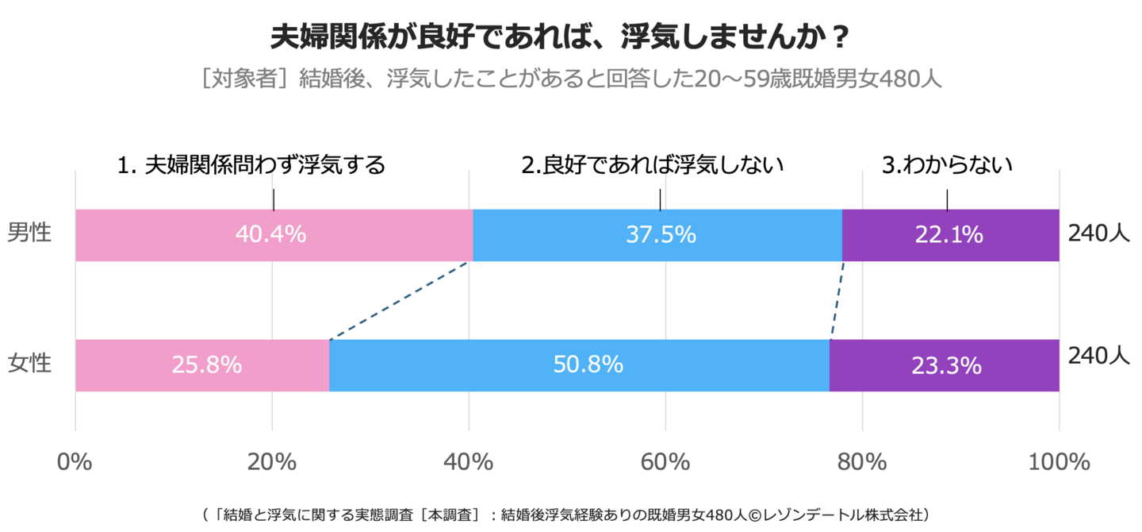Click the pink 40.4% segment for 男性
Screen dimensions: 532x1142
point(274,235)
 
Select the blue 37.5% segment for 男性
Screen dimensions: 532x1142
point(657,235)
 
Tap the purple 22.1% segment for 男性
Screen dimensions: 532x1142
point(950,235)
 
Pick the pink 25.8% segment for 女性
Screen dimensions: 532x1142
point(202,365)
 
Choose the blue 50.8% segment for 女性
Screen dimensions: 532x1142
point(579,365)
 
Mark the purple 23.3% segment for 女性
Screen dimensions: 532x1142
point(944,365)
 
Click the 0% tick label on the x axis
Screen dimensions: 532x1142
point(75,462)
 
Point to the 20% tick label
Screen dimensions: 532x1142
point(272,462)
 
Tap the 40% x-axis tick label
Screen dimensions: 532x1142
point(469,462)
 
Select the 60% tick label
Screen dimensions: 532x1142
point(665,462)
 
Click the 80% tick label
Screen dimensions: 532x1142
point(862,462)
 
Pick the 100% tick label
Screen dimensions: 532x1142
point(1059,462)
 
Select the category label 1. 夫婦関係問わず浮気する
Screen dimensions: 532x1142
point(251,165)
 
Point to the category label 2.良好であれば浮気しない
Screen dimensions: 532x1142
point(653,165)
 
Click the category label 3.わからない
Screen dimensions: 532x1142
point(948,165)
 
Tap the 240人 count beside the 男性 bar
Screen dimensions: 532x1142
point(1098,235)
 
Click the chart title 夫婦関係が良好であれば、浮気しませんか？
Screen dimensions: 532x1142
point(561,37)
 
